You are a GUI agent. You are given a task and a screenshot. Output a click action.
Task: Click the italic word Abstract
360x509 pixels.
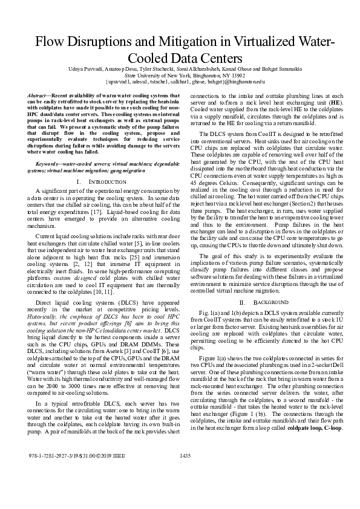[39, 96]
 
